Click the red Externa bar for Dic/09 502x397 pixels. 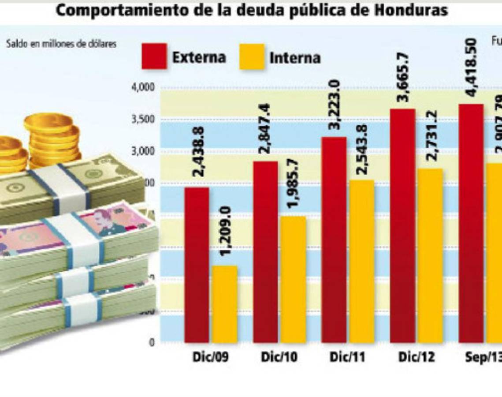pos(197,265)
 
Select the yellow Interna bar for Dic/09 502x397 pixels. pos(225,304)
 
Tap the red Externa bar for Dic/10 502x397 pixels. pos(265,251)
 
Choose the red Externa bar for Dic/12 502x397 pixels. pos(403,225)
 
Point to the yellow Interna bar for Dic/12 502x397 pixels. pos(430,255)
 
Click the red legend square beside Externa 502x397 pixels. pos(154,56)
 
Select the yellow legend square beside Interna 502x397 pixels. pos(252,56)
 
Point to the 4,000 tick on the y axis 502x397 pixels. pos(143,87)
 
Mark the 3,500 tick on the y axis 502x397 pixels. pos(143,120)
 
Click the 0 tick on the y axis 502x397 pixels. pos(152,342)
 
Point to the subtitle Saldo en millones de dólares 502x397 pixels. pos(61,44)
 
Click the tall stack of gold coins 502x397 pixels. pos(52,139)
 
